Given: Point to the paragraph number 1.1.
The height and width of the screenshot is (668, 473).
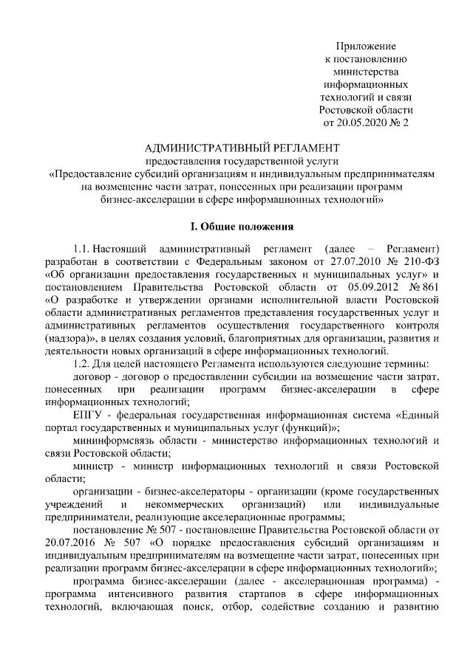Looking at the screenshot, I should [x=84, y=244].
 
